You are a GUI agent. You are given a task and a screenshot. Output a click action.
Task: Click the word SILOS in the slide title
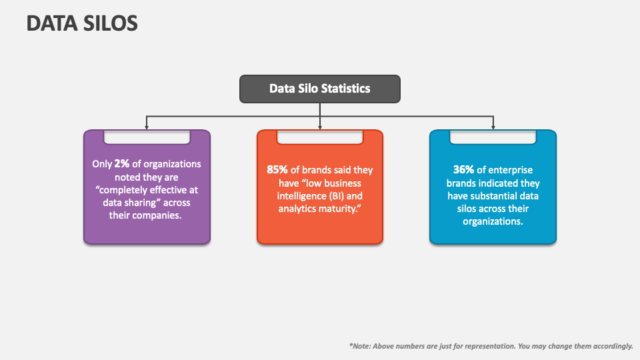pyautogui.click(x=110, y=23)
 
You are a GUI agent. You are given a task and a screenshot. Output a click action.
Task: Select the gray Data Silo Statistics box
pyautogui.click(x=320, y=89)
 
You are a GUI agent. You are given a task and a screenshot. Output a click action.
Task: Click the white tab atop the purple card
pyautogui.click(x=147, y=137)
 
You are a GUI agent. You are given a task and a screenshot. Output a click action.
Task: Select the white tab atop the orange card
pyautogui.click(x=320, y=137)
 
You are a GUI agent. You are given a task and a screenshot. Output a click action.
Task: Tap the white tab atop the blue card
pyautogui.click(x=493, y=137)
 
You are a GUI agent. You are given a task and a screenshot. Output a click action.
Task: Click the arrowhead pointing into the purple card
pyautogui.click(x=147, y=127)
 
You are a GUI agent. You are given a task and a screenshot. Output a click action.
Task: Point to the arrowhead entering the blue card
pyautogui.click(x=493, y=127)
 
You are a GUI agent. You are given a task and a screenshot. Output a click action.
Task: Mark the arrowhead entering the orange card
pyautogui.click(x=320, y=127)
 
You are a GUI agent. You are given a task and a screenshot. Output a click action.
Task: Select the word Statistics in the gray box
pyautogui.click(x=345, y=88)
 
